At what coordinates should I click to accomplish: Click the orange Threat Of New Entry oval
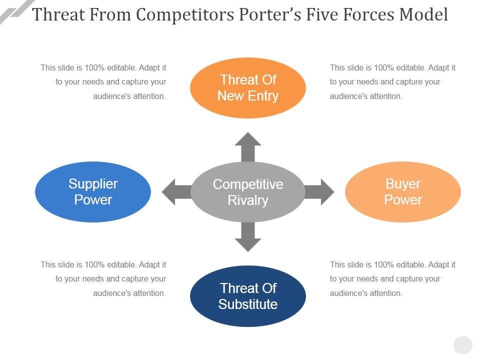click(x=248, y=88)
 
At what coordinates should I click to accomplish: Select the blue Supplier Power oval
click(x=93, y=192)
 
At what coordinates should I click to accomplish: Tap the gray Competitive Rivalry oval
click(x=248, y=192)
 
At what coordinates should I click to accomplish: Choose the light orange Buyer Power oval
click(x=403, y=192)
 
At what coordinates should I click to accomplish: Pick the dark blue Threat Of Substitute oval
click(x=248, y=296)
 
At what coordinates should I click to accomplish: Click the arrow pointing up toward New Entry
click(x=248, y=147)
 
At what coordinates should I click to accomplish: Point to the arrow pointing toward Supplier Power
click(x=176, y=192)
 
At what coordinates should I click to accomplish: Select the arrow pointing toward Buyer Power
click(x=319, y=192)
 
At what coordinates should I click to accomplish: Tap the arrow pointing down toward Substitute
click(x=248, y=236)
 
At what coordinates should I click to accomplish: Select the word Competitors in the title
click(x=185, y=14)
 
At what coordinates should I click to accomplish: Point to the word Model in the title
click(x=424, y=14)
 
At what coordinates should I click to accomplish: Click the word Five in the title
click(x=322, y=14)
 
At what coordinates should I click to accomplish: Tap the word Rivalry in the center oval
click(x=248, y=200)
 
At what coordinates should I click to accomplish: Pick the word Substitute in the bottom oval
click(x=248, y=304)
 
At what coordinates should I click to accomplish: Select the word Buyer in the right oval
click(x=403, y=184)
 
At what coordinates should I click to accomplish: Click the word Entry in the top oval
click(x=263, y=96)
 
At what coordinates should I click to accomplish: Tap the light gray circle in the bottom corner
click(x=463, y=345)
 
